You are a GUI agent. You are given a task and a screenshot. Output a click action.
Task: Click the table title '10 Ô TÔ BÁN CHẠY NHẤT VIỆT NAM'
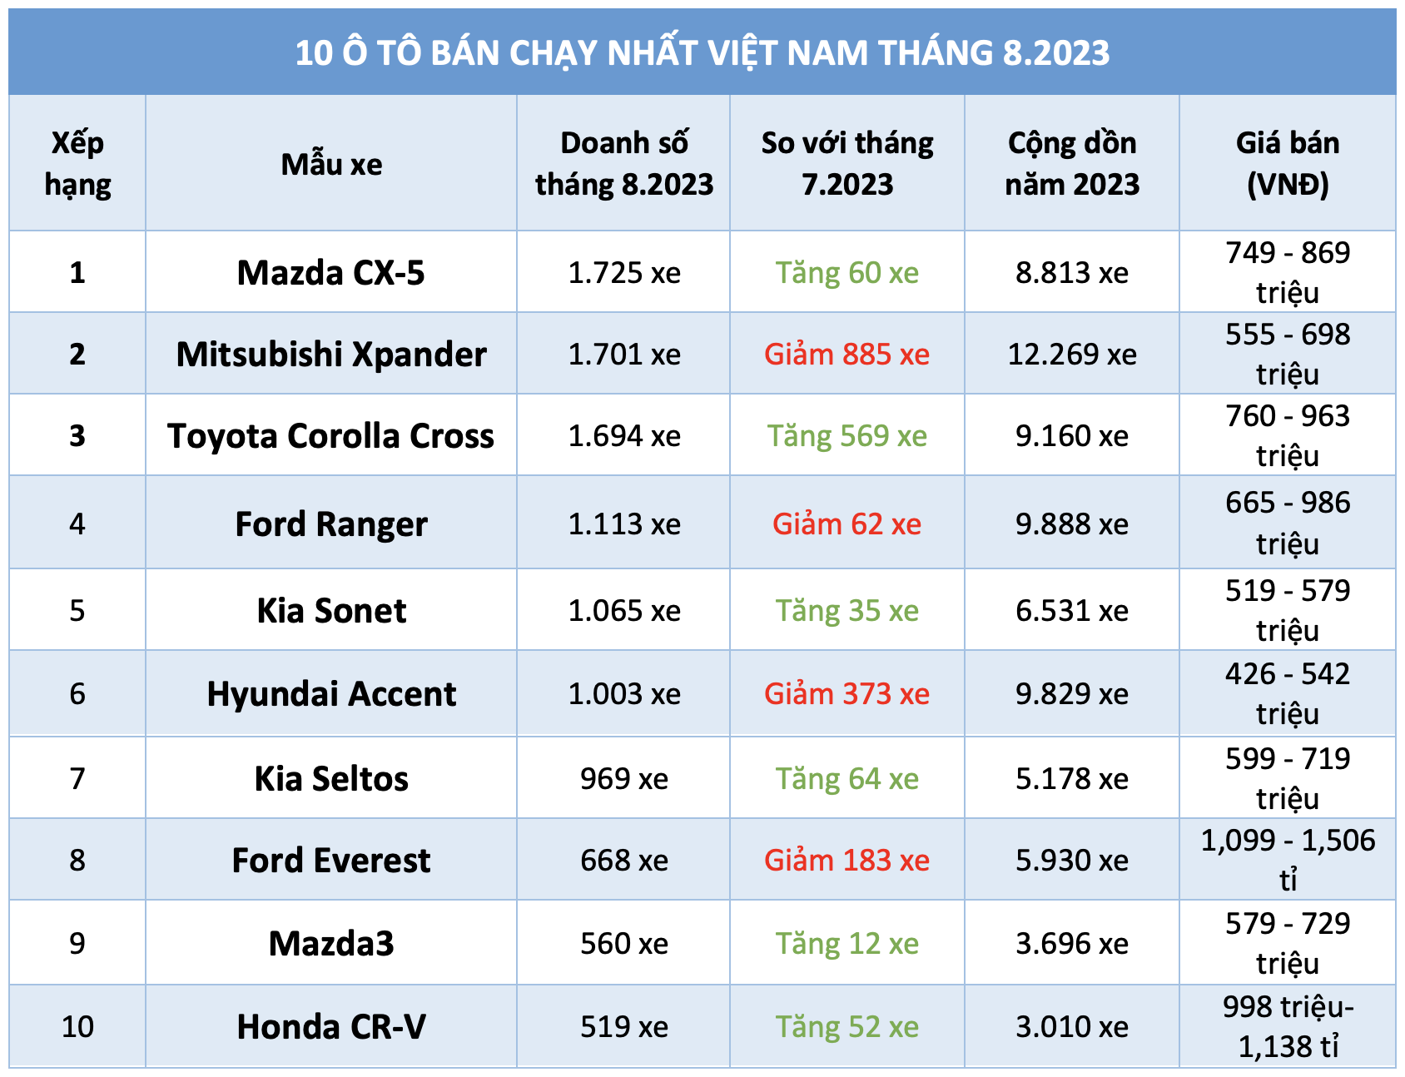702,52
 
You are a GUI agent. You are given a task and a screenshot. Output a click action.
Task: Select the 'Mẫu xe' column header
331,164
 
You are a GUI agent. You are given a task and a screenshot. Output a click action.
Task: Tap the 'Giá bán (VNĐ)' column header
1287,163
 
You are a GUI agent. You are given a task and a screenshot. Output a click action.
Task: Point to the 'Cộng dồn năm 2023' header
1071,163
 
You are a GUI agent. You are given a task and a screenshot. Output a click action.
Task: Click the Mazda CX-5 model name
331,273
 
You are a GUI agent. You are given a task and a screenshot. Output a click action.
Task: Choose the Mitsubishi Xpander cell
331,355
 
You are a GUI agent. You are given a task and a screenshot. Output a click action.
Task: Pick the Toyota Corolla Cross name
331,436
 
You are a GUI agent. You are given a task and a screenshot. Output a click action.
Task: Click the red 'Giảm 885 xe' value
846,355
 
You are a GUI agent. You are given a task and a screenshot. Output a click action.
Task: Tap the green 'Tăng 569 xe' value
846,436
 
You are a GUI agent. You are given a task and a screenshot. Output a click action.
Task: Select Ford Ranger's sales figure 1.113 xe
623,524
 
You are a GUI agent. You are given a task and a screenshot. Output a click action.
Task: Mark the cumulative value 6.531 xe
1071,611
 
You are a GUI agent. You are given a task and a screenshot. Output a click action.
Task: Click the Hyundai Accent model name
331,694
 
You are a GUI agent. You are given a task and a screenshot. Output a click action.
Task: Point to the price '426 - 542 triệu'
1287,693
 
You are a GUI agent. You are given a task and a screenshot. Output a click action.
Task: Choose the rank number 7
77,779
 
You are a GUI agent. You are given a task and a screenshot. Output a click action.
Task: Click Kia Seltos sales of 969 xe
623,779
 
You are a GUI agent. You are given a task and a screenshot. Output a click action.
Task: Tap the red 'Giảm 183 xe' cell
846,861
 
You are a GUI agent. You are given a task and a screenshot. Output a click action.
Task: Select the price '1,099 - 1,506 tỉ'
1287,859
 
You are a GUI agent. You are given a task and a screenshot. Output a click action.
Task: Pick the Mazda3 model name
331,944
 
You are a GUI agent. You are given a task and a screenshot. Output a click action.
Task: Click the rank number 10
77,1027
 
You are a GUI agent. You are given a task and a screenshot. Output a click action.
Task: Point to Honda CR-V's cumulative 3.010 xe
1071,1027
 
